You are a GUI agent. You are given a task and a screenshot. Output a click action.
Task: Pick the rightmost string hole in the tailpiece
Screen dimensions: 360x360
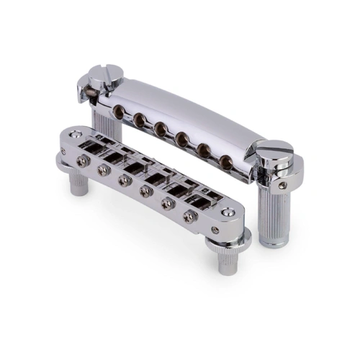pos(228,160)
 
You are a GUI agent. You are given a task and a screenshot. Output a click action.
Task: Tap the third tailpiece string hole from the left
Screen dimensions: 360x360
pos(158,127)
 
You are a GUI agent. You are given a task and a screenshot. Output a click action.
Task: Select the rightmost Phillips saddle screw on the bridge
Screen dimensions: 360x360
pos(191,215)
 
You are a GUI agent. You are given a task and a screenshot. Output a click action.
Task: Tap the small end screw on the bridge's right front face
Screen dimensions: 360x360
pos(215,230)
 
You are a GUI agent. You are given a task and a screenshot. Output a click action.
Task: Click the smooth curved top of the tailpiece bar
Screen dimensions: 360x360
pos(187,108)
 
